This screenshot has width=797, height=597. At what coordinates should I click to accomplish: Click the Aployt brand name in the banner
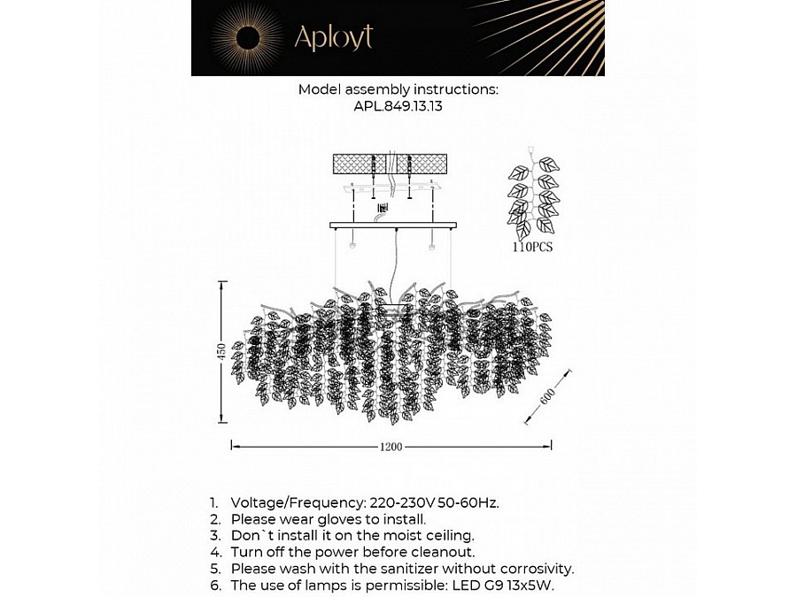(x=333, y=37)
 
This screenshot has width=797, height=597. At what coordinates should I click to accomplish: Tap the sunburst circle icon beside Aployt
(x=247, y=37)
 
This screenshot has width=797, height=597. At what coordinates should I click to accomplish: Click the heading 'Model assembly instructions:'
(x=398, y=89)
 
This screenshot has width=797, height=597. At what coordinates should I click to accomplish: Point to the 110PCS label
(x=531, y=248)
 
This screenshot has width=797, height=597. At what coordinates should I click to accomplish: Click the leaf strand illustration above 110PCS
(x=535, y=195)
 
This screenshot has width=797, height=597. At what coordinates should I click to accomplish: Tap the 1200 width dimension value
(x=391, y=447)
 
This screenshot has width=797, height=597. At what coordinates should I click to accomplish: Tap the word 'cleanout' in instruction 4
(x=423, y=553)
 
